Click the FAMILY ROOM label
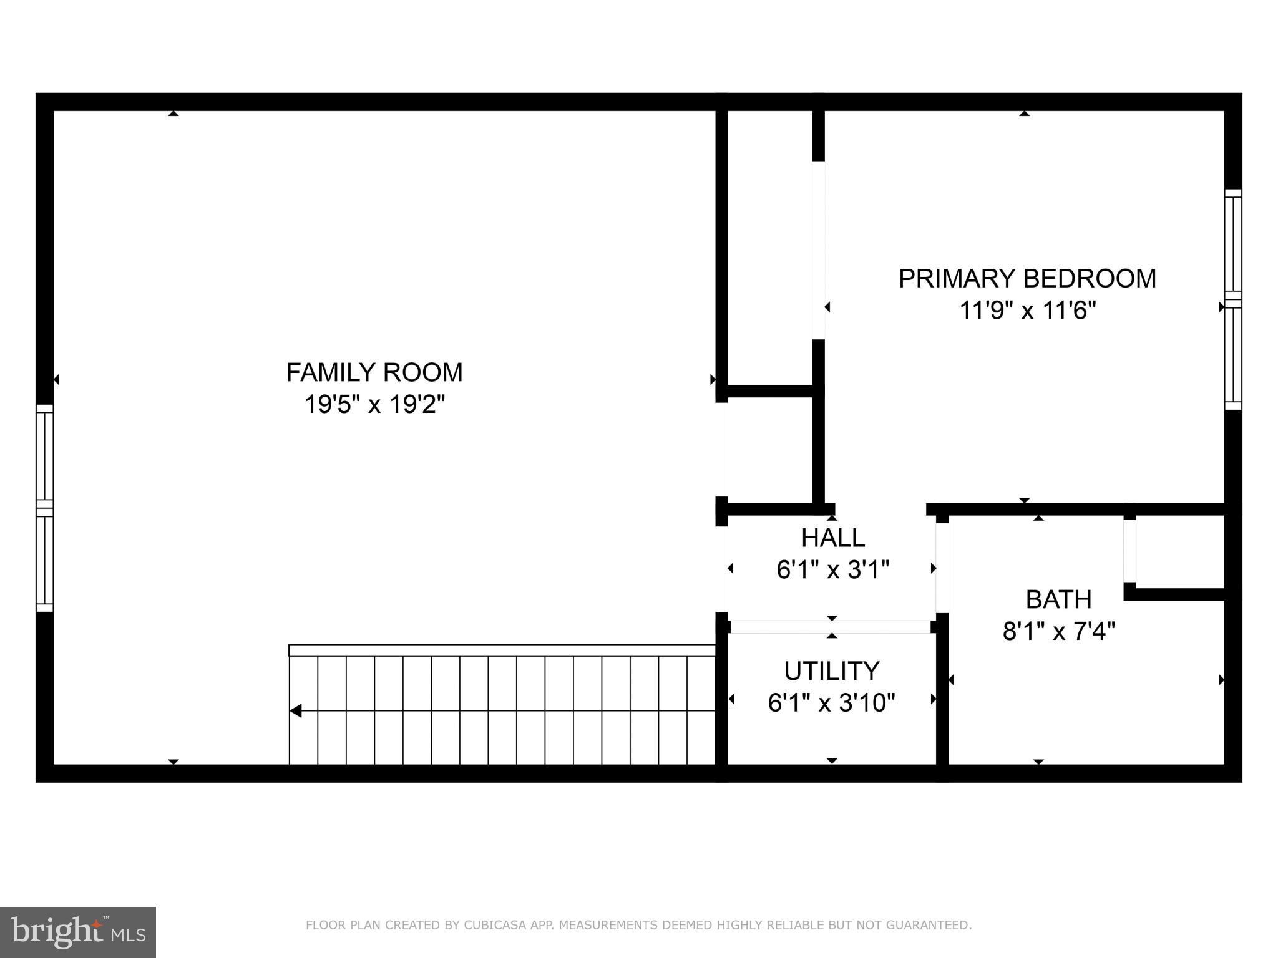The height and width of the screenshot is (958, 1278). [374, 372]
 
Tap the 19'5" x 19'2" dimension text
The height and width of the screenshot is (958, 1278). [374, 404]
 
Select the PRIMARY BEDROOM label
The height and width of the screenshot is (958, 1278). [1027, 278]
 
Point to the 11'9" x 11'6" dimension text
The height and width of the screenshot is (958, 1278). [1027, 310]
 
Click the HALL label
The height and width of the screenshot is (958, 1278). [832, 538]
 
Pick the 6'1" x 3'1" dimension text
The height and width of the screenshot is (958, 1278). [832, 569]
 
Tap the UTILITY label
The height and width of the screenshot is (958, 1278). [831, 671]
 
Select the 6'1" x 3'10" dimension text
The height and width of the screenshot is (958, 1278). [831, 703]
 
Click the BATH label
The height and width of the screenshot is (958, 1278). [1058, 599]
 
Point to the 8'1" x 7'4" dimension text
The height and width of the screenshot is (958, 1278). [1058, 631]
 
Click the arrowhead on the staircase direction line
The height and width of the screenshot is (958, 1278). [296, 710]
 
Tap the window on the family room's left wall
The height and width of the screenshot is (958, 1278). [44, 508]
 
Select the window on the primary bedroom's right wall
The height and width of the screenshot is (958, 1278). [1233, 299]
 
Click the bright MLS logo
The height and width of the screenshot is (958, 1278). [78, 932]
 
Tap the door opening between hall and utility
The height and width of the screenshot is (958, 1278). [831, 627]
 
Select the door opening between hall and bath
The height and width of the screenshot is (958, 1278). [942, 567]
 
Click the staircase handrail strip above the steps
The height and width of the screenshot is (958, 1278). [502, 650]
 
